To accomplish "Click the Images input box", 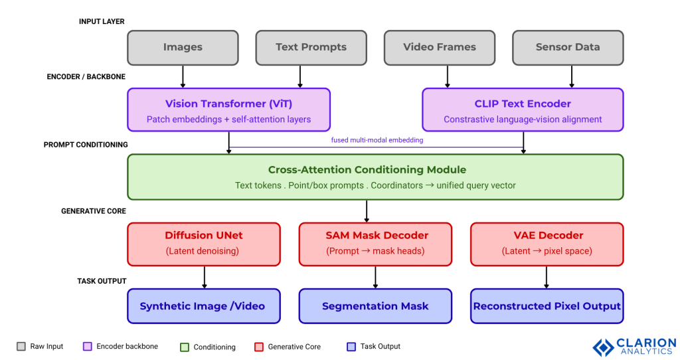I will [183, 47].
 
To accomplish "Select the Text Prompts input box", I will [311, 47].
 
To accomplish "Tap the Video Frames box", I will [440, 47].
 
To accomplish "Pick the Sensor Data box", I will [568, 47].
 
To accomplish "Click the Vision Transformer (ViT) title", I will [228, 104].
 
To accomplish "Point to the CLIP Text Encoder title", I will [523, 104].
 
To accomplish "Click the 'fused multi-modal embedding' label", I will [376, 140].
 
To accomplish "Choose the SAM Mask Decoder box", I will [375, 243].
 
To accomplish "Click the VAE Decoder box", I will [547, 243].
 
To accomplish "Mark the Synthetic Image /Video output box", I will [203, 306].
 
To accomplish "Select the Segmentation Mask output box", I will [375, 306].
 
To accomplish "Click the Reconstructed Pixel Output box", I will [547, 306].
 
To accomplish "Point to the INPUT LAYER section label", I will [102, 22].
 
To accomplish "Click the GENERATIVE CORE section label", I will [93, 211].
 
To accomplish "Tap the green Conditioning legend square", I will [185, 347].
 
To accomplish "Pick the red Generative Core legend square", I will [259, 347].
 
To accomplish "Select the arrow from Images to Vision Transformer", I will [183, 76].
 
